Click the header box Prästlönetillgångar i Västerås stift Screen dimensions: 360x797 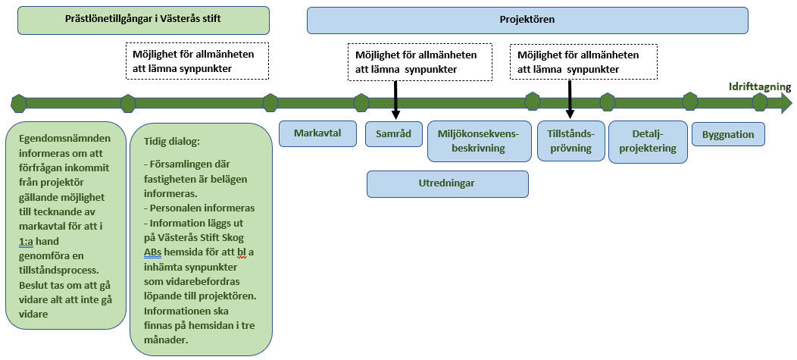(x=143, y=20)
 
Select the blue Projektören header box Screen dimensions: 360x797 (x=527, y=20)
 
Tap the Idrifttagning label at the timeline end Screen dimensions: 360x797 (x=759, y=86)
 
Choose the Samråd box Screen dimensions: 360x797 (x=393, y=134)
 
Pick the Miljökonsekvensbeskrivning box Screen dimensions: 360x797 (x=478, y=141)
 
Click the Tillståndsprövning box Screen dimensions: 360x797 (x=570, y=141)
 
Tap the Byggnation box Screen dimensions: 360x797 (x=728, y=134)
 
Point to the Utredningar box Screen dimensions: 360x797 (x=447, y=183)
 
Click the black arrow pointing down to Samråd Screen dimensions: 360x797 (x=395, y=99)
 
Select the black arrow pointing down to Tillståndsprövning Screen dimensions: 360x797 (x=570, y=99)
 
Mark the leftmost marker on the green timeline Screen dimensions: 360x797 (x=19, y=102)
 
